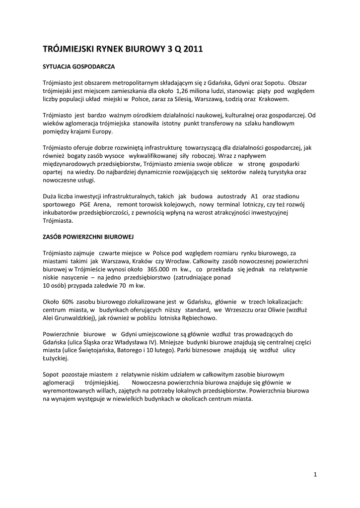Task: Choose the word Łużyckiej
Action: pos(56,358)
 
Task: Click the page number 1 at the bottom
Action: pos(315,475)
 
